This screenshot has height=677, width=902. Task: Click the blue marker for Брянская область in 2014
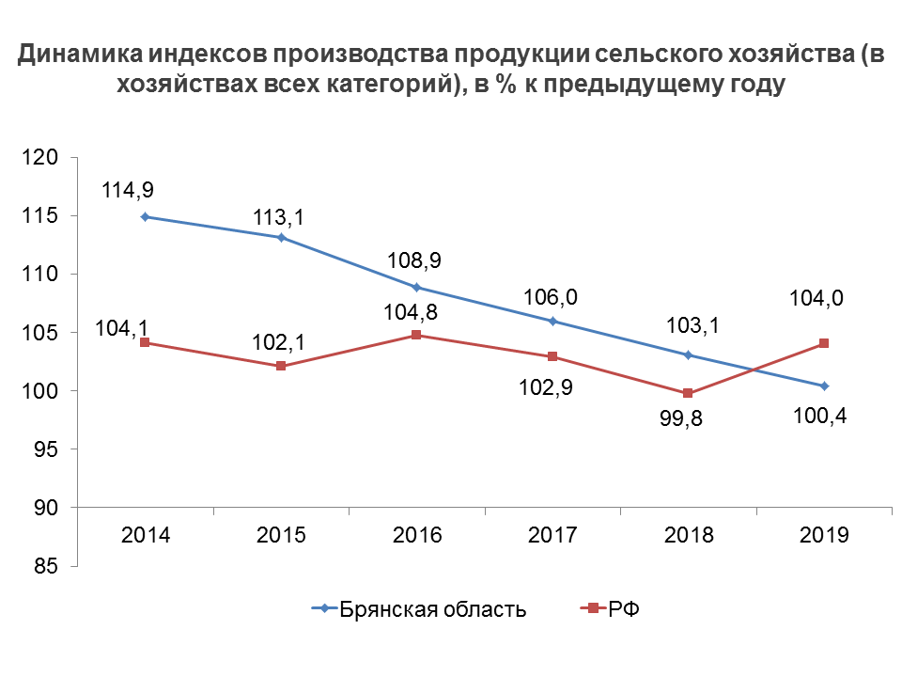pyautogui.click(x=145, y=216)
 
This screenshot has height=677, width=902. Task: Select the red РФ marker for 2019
pyautogui.click(x=823, y=343)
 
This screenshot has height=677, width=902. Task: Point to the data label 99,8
pyautogui.click(x=688, y=416)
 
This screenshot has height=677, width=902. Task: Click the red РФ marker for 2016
pyautogui.click(x=416, y=335)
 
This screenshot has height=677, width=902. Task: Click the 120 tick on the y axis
pyautogui.click(x=43, y=158)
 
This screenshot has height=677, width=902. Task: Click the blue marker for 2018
pyautogui.click(x=688, y=354)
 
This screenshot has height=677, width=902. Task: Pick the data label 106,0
pyautogui.click(x=551, y=297)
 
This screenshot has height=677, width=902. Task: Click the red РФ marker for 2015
pyautogui.click(x=281, y=366)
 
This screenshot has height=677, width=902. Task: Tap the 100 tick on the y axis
pyautogui.click(x=43, y=391)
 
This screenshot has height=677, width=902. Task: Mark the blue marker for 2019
pyautogui.click(x=823, y=386)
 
